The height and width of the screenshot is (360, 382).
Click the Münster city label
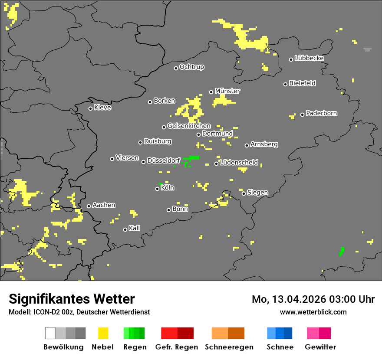click(x=227, y=91)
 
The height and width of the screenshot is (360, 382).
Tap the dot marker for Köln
click(x=158, y=189)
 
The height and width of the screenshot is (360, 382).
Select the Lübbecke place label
click(x=309, y=58)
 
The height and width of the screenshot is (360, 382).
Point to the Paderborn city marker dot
click(x=303, y=115)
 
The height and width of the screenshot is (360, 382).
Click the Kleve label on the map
click(x=102, y=108)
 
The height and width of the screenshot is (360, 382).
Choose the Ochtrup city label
click(x=191, y=67)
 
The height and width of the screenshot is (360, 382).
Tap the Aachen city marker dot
click(x=89, y=206)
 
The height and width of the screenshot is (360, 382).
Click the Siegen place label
click(x=257, y=193)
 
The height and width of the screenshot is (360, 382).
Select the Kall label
click(x=134, y=228)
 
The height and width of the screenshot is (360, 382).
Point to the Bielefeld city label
click(x=302, y=83)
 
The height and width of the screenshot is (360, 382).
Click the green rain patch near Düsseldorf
click(x=191, y=158)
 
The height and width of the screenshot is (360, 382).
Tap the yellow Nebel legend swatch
click(x=103, y=333)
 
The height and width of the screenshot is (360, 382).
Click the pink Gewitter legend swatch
click(x=319, y=333)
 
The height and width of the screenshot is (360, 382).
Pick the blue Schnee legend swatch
click(x=280, y=333)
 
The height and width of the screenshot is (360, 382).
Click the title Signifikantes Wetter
click(x=72, y=299)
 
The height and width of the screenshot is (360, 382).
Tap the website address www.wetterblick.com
click(x=313, y=312)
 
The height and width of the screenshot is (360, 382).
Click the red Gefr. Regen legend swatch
click(x=177, y=333)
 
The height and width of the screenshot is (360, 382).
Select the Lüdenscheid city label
click(x=239, y=163)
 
